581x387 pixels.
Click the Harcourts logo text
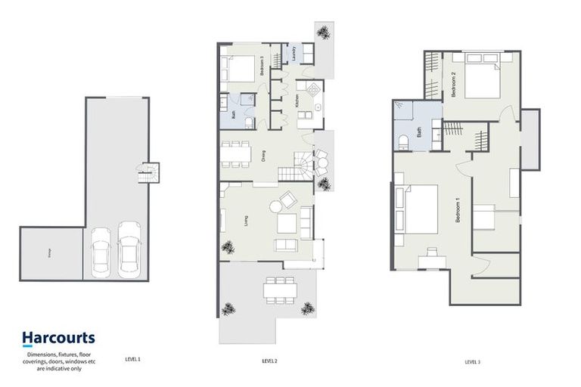(x=57, y=338)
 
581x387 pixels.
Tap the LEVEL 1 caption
(x=132, y=361)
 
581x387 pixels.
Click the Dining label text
(x=263, y=156)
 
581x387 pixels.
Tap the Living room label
(x=247, y=220)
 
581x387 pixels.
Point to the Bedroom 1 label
(x=458, y=208)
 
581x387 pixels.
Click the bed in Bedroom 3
(x=239, y=69)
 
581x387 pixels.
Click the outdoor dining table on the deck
(x=279, y=289)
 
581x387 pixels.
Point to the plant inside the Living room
(x=225, y=246)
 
